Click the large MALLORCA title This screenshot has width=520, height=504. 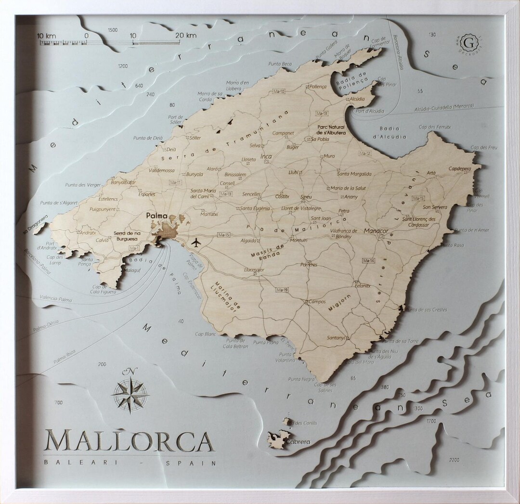point(129,441)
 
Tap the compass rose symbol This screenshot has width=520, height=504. point(130,395)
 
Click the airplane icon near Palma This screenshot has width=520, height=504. point(196,242)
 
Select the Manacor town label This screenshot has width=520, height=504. point(376,231)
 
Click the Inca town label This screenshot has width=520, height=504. point(266,156)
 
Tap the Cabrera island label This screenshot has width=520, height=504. point(299,442)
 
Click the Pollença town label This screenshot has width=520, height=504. point(318,87)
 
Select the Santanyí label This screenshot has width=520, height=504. point(336,338)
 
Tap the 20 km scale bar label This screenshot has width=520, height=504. point(186,35)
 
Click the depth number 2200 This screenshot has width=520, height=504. point(454,460)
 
